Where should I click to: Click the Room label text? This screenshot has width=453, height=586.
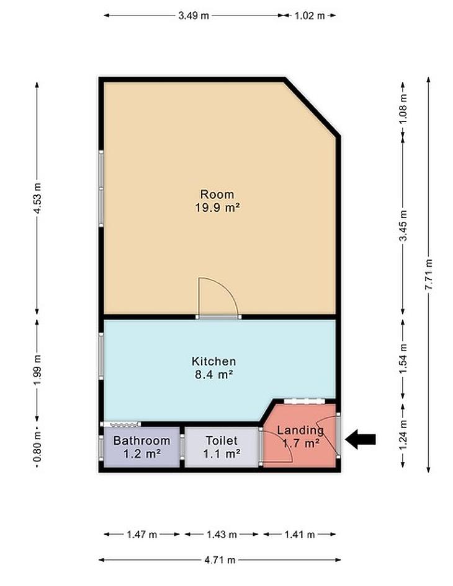tap(217, 195)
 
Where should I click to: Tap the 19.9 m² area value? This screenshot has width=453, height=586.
tap(217, 207)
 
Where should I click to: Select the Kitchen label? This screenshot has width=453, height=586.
tap(213, 361)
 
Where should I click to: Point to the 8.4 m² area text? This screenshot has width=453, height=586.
tap(213, 374)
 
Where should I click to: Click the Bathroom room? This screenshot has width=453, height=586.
tap(141, 447)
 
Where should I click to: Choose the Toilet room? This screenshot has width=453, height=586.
tap(222, 447)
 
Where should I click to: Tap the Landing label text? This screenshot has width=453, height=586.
tap(300, 430)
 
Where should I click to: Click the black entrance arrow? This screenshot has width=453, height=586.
tap(360, 439)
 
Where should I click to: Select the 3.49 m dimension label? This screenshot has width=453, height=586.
tap(194, 15)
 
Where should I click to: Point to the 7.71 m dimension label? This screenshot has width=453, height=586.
tap(429, 274)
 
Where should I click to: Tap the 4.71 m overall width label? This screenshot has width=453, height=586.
tap(220, 560)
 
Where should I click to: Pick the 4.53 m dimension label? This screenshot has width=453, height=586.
tap(37, 198)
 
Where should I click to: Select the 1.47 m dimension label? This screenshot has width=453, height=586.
tap(141, 535)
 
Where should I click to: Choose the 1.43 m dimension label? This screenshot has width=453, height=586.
tap(222, 535)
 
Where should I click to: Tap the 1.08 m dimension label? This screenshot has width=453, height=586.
tap(403, 109)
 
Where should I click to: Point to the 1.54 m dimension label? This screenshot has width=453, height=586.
tap(403, 359)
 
